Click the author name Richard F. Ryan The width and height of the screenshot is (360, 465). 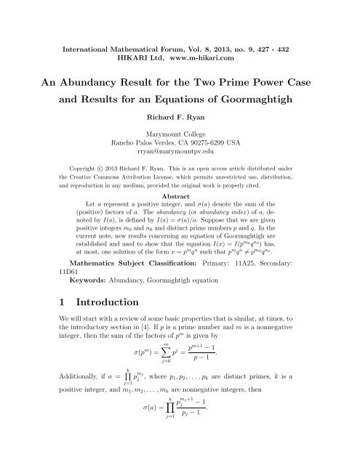pyautogui.click(x=179, y=115)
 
